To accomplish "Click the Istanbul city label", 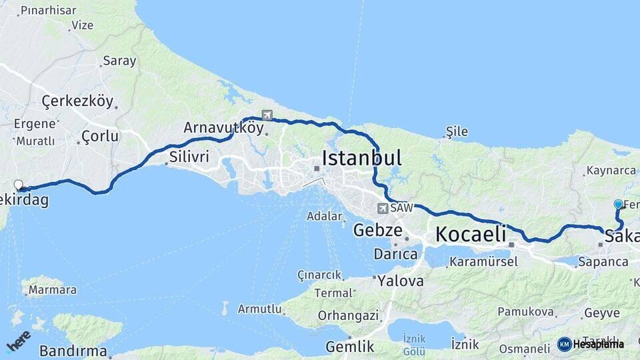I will coord(362,158).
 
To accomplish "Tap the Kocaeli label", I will coord(471,234).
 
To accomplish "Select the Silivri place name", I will coord(190,157).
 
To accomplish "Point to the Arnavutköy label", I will coord(223,127).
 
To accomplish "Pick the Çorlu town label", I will coord(99,137).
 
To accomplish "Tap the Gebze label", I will coord(378,231).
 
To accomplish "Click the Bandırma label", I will coord(73,351).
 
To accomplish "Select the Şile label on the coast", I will coord(457,131).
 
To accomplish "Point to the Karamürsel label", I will coord(483,262).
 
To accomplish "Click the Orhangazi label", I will coord(348,315).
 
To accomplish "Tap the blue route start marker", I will coord(618,205).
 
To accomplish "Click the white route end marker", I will coord(19,185).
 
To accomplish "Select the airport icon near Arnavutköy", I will coord(267,115).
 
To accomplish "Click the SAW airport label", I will coord(401,208).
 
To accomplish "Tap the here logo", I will coord(18,341).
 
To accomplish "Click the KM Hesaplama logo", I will coord(591,344).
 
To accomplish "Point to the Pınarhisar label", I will coord(48,11).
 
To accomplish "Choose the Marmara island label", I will coord(53,290).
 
